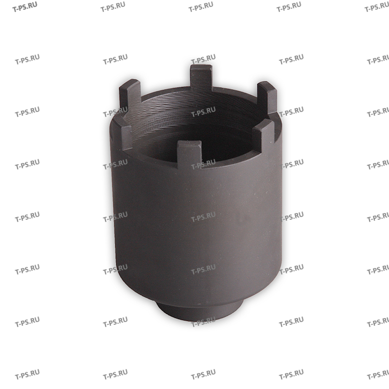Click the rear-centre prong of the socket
[201, 78]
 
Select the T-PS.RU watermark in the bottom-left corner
[27, 376]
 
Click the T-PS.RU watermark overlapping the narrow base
[203, 321]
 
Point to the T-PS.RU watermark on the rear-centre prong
[203, 61]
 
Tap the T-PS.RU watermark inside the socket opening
[203, 113]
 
